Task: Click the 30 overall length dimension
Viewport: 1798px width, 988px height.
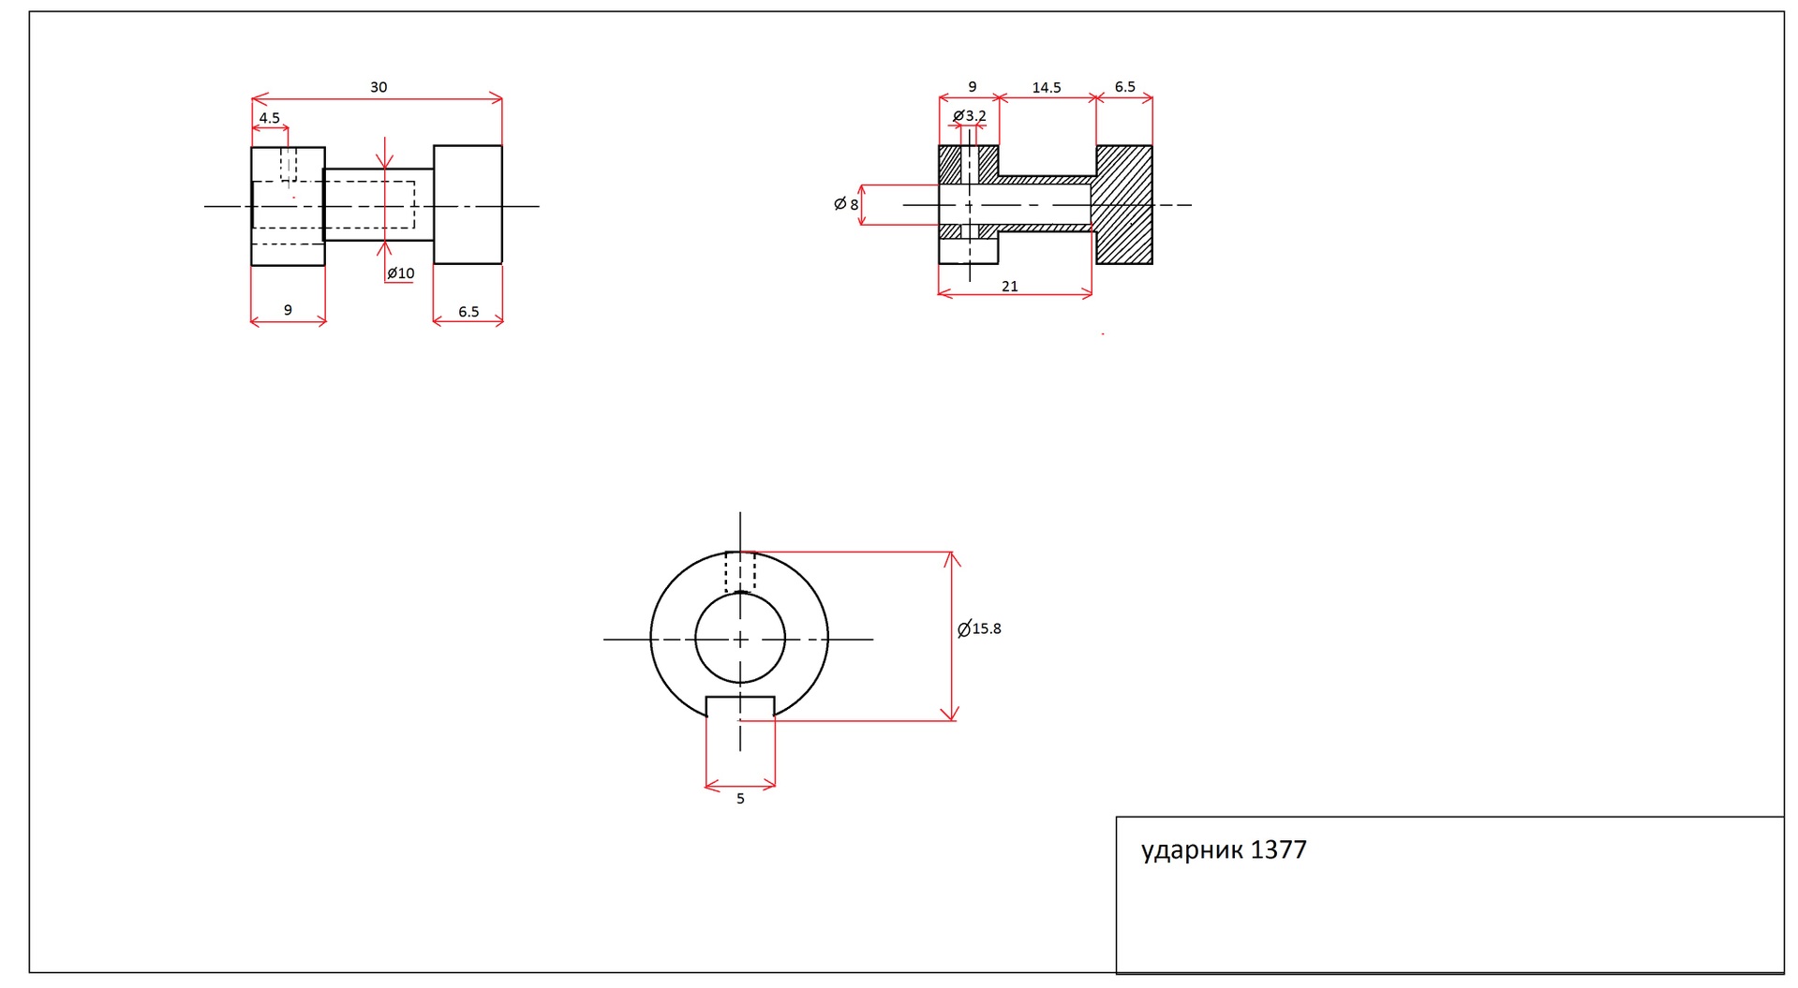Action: (379, 87)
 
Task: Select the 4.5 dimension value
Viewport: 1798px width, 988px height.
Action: (269, 118)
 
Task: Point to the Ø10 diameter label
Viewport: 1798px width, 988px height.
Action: (400, 273)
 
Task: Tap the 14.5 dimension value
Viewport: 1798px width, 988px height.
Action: (1046, 88)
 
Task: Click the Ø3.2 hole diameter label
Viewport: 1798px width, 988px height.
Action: (970, 116)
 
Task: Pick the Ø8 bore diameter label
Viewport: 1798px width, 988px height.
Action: (846, 204)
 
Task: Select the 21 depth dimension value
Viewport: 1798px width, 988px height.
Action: (1009, 287)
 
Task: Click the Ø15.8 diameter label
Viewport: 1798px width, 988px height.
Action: (979, 628)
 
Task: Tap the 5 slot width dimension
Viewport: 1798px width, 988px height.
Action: (740, 799)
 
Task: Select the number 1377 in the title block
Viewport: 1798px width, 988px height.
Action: (1278, 850)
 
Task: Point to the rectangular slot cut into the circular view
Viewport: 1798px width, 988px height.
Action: (740, 706)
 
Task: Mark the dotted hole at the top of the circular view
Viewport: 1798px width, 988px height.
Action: (740, 571)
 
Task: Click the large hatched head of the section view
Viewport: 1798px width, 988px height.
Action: (1124, 204)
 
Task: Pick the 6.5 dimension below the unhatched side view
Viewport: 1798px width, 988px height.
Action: (468, 312)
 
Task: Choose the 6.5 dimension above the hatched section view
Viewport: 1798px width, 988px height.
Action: (1124, 87)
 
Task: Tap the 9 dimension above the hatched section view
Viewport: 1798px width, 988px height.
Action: (972, 87)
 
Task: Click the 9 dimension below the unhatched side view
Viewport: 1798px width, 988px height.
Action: (288, 310)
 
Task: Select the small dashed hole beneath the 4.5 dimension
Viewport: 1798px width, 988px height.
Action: (289, 164)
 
